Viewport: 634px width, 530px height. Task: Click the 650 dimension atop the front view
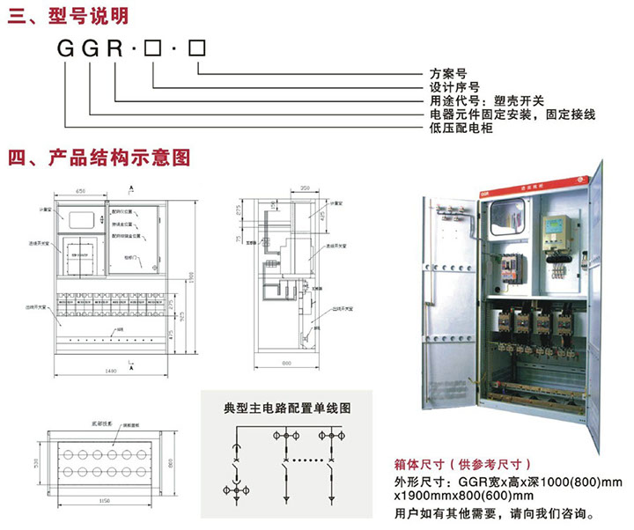pos(80,190)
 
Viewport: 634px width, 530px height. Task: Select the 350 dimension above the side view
pos(306,188)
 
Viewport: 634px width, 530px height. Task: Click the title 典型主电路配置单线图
pos(288,409)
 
